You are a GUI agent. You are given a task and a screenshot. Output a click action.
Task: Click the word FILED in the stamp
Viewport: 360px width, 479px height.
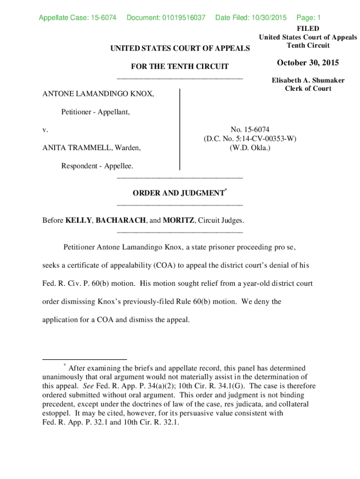pyautogui.click(x=308, y=29)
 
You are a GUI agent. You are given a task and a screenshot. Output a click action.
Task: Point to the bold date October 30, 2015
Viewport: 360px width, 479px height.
pyautogui.click(x=308, y=63)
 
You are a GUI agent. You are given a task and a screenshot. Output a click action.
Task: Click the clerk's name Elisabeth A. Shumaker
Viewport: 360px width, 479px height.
pyautogui.click(x=308, y=80)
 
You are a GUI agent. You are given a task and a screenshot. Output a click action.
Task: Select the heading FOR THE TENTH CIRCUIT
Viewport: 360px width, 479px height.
pyautogui.click(x=180, y=67)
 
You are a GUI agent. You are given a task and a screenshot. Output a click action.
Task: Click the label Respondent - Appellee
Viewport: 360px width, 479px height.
pyautogui.click(x=97, y=166)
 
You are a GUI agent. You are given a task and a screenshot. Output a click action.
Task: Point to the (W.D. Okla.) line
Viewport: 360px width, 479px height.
pyautogui.click(x=250, y=148)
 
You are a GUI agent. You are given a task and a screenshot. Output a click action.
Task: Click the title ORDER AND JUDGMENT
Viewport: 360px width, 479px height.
pyautogui.click(x=178, y=193)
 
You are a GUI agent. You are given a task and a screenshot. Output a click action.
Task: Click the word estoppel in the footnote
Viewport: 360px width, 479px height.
pyautogui.click(x=56, y=413)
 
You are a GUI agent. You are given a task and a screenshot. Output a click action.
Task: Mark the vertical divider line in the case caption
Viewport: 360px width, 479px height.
pyautogui.click(x=180, y=129)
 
